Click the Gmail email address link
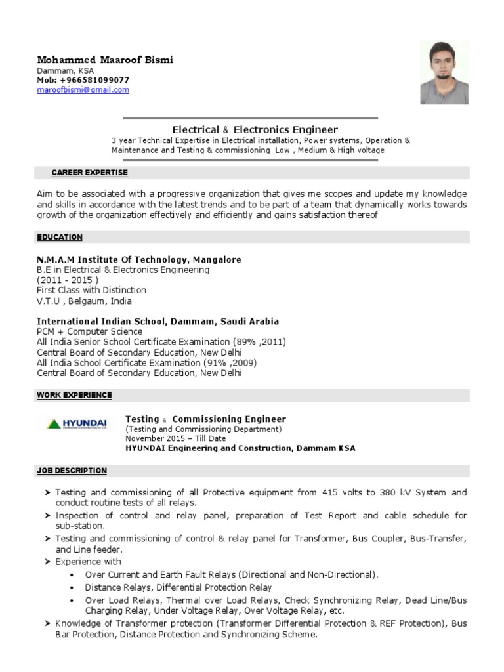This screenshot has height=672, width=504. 83,90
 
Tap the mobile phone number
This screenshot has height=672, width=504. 92,80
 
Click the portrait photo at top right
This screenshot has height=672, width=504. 444,72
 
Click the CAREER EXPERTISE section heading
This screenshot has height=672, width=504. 90,173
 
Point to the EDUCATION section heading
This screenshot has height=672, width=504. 60,237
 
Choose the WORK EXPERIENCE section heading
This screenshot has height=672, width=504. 74,395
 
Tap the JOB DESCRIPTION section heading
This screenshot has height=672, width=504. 72,471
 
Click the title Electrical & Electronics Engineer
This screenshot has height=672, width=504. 255,130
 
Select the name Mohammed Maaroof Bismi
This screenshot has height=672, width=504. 105,60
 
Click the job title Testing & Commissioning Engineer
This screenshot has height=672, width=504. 205,419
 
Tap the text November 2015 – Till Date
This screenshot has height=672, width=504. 175,439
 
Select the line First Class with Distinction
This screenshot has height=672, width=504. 91,290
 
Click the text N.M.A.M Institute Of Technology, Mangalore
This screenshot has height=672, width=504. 139,259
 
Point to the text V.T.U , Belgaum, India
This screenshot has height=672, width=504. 84,301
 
